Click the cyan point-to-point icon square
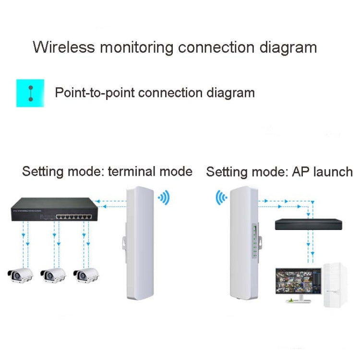tap(30, 93)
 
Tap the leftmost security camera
tap(20, 275)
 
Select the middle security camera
tap(53, 275)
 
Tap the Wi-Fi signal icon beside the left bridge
tap(164, 197)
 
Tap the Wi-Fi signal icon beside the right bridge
tap(221, 197)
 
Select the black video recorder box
tap(309, 224)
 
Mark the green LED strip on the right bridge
tap(254, 238)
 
